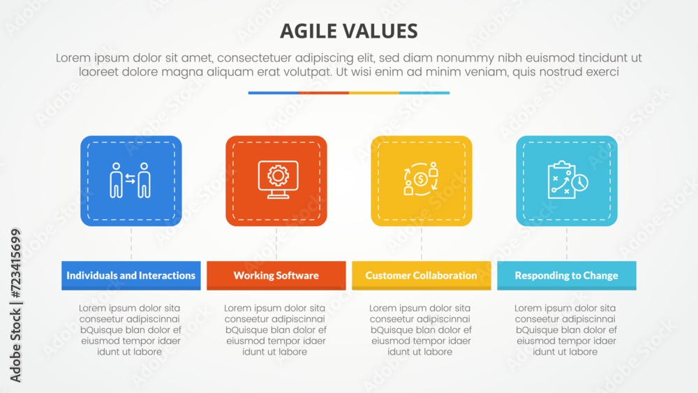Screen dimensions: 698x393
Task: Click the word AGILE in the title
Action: coord(308,31)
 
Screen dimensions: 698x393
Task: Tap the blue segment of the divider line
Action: coord(274,93)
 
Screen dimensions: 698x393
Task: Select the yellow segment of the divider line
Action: coord(374,93)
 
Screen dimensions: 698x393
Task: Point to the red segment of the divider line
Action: coord(324,93)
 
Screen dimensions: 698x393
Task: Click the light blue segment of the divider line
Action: coord(424,93)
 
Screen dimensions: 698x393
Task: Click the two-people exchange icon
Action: coord(131,180)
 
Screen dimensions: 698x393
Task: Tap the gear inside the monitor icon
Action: coord(279,176)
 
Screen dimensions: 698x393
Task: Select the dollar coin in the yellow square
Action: coord(420,179)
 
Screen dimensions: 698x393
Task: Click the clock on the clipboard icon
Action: coord(580,182)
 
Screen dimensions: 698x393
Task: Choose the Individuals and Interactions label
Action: coord(131,276)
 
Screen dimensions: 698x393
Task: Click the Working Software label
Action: coord(276,276)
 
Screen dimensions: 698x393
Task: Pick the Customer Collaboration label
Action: coord(421,276)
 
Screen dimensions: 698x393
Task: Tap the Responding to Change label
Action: coord(567,276)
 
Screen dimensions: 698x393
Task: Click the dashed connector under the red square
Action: coord(276,244)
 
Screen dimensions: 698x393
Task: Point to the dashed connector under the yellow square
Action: coord(422,244)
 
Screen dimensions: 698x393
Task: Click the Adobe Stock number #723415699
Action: coord(15,263)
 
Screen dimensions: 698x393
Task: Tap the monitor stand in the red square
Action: coord(278,194)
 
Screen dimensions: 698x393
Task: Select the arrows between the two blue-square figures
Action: coord(130,179)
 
